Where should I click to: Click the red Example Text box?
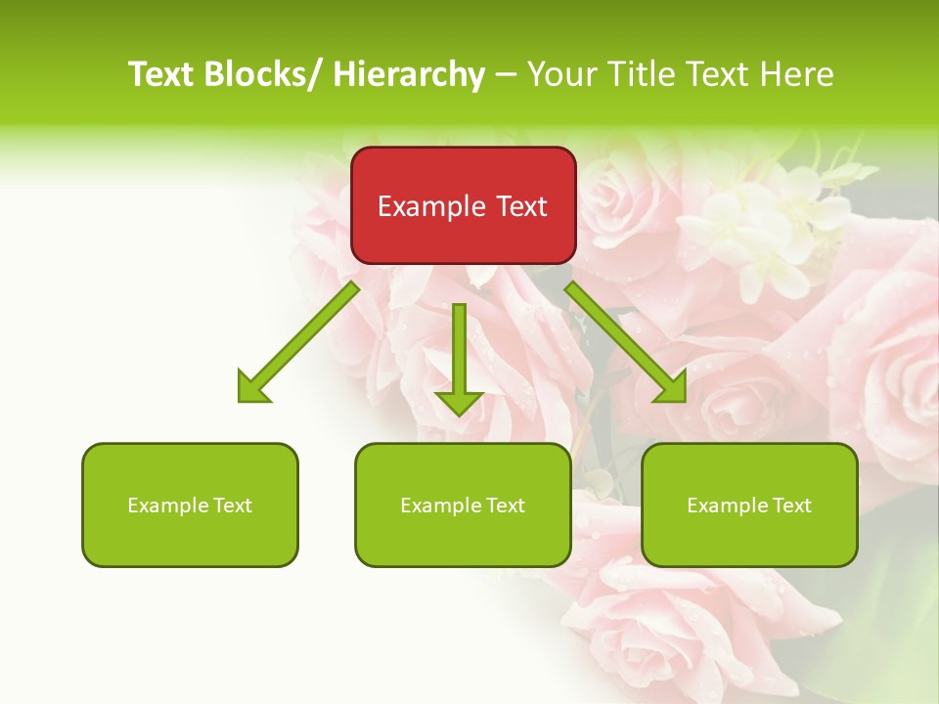coord(463,205)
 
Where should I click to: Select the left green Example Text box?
coord(190,505)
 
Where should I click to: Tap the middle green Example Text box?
coord(463,505)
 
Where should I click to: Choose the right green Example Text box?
coord(749,505)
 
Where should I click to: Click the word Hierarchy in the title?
coord(408,74)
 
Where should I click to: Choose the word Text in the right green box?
coord(791,506)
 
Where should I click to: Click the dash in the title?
coord(506,74)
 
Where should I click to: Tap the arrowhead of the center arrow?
coord(459,402)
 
